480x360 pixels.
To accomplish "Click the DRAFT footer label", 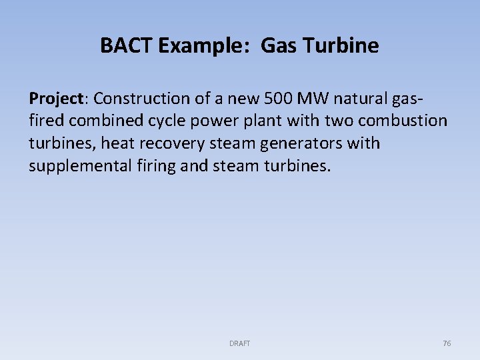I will [239, 343].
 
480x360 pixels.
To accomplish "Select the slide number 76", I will [447, 343].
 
